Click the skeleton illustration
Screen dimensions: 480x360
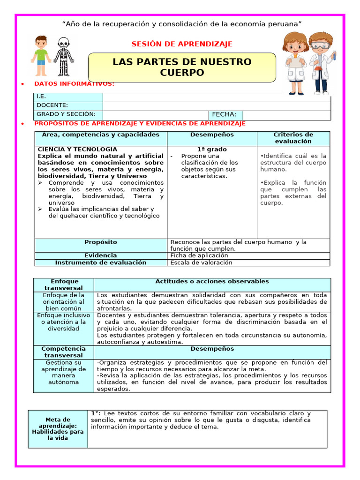point(63,57)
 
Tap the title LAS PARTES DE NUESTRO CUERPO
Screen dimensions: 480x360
point(182,67)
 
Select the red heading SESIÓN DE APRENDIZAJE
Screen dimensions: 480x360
point(182,44)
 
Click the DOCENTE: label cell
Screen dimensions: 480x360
point(68,105)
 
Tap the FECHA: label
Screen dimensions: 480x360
point(225,114)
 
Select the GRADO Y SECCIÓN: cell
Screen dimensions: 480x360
point(68,114)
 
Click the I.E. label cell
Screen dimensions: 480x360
point(68,97)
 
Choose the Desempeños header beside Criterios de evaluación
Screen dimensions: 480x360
point(212,135)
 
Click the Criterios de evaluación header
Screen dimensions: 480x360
point(293,138)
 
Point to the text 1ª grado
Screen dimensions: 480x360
point(212,149)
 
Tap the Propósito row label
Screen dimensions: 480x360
point(101,242)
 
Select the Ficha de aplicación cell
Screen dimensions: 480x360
point(199,255)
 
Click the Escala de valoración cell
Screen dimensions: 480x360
point(201,262)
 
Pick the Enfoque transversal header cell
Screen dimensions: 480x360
point(63,285)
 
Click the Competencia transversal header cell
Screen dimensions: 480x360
point(63,352)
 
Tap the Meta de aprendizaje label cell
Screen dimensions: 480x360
point(58,429)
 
